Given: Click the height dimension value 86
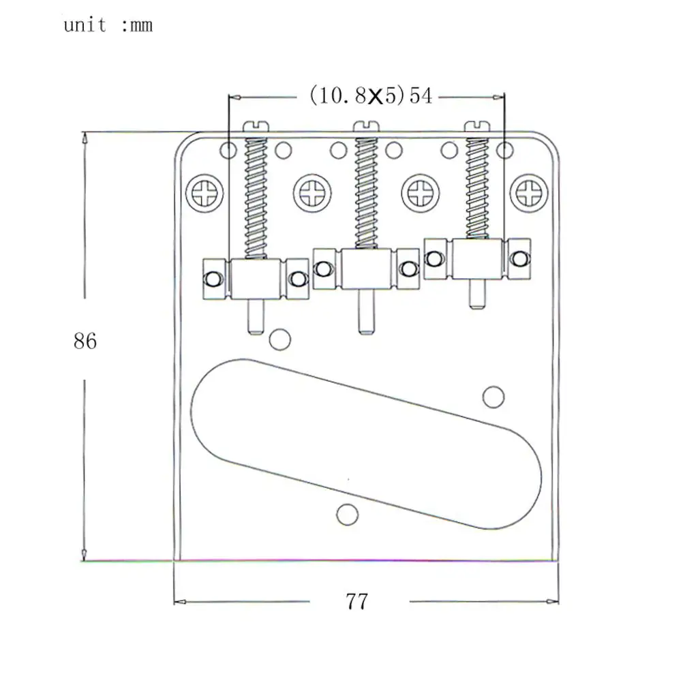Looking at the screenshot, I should [x=85, y=340].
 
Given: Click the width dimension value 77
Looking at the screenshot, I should [x=356, y=602].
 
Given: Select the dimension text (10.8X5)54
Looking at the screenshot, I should [x=371, y=95].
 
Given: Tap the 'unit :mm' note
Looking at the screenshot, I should [x=108, y=26].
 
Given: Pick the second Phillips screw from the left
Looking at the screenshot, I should [x=314, y=194].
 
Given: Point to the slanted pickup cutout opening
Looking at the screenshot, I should [x=366, y=442].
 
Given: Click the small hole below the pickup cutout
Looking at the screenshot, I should [x=348, y=515].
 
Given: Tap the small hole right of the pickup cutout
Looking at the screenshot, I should [x=493, y=396].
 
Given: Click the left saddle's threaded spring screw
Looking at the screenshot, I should [x=256, y=198].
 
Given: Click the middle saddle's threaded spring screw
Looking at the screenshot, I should [x=366, y=192].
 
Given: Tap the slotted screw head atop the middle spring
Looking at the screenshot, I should [x=366, y=125].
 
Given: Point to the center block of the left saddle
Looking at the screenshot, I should [x=256, y=279].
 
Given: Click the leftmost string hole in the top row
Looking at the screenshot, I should [x=227, y=149].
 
